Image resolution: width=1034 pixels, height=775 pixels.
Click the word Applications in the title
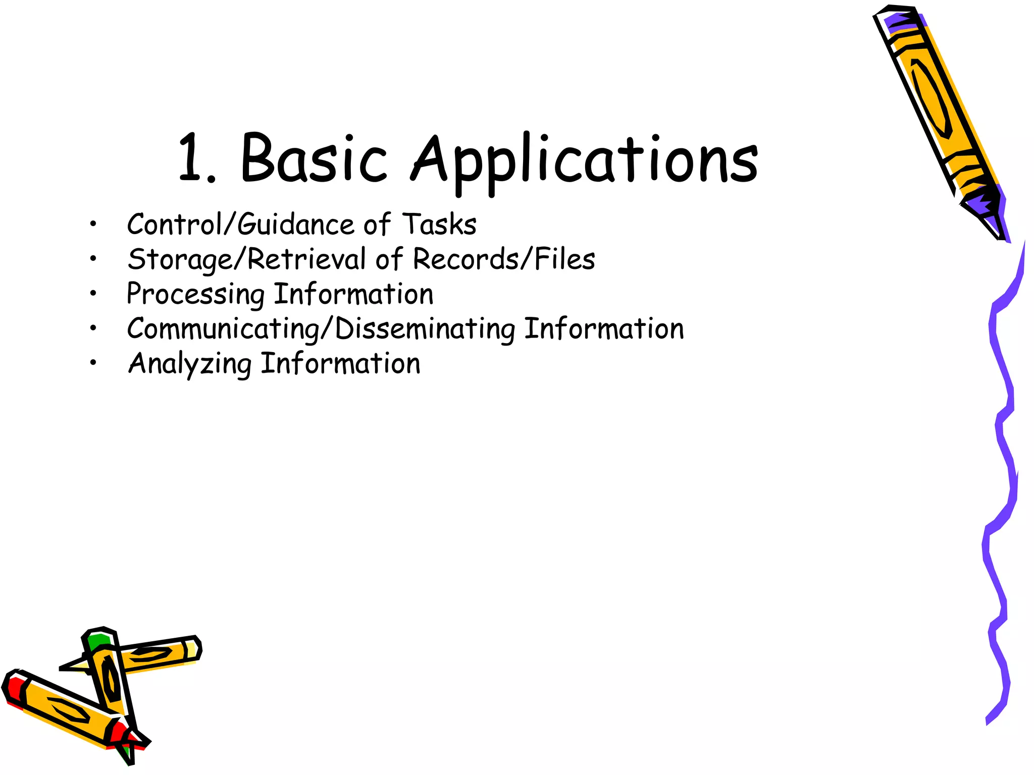(585, 160)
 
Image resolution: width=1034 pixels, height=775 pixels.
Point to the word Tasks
(439, 225)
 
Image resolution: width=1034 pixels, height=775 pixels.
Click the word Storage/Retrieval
(246, 259)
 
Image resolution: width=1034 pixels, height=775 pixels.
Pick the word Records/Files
(504, 259)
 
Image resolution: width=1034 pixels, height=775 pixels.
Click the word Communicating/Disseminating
(321, 329)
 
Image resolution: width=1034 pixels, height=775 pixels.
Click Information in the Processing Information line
(353, 294)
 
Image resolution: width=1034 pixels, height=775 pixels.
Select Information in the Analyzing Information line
(340, 364)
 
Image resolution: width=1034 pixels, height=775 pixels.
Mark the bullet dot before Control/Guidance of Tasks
(93, 225)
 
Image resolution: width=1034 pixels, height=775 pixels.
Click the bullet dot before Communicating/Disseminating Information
(93, 328)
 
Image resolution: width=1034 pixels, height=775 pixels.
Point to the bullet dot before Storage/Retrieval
(93, 259)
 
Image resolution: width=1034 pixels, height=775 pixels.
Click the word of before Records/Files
(389, 259)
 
